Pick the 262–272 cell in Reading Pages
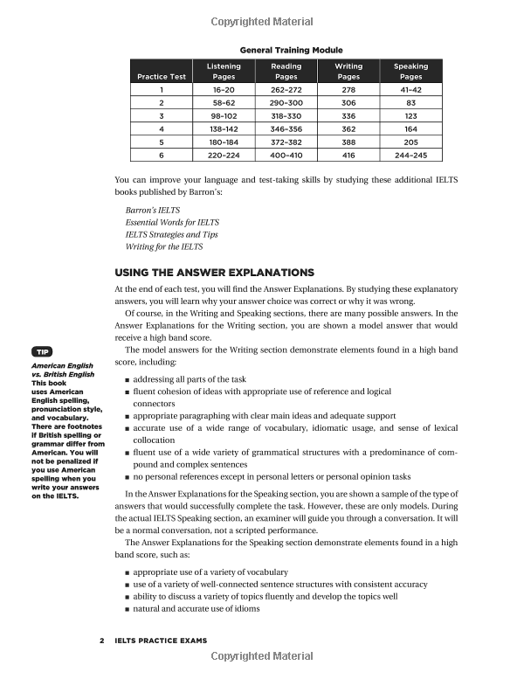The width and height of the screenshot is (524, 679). pyautogui.click(x=286, y=89)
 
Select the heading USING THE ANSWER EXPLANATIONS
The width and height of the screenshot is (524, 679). pyautogui.click(x=214, y=272)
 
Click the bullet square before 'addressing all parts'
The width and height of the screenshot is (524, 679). pyautogui.click(x=128, y=381)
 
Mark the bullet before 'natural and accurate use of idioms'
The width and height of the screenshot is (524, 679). pyautogui.click(x=128, y=609)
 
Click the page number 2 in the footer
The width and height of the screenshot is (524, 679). pyautogui.click(x=102, y=641)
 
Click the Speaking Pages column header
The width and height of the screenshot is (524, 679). pyautogui.click(x=410, y=72)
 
